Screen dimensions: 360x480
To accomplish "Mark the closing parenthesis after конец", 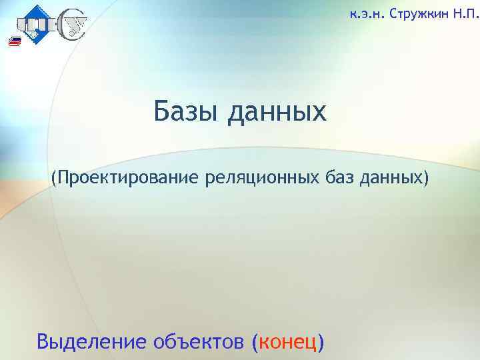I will coord(322,342).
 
